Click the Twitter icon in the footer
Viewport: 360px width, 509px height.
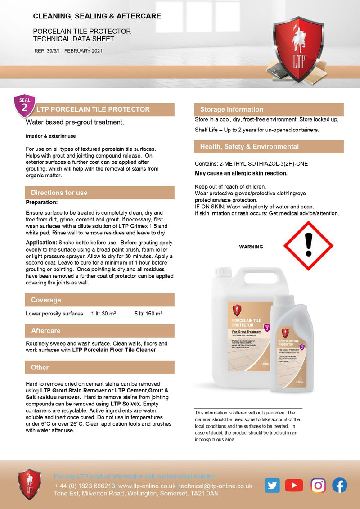point(272,485)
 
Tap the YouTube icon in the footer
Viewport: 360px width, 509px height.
point(294,485)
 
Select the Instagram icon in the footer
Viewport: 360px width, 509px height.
point(318,485)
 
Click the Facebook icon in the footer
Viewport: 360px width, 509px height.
point(340,485)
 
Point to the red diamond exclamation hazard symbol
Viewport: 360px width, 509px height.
point(308,246)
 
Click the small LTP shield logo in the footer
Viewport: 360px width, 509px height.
point(29,484)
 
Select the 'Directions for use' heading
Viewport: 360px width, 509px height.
point(59,193)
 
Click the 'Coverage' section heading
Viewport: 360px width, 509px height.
point(46,300)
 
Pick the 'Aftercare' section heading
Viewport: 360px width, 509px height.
point(45,331)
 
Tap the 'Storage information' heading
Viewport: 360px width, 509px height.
point(231,109)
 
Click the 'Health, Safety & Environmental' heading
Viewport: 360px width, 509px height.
point(249,147)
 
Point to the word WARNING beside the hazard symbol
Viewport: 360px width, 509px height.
point(251,247)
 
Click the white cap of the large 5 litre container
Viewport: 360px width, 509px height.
point(223,272)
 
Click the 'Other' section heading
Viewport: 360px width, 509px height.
point(40,368)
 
